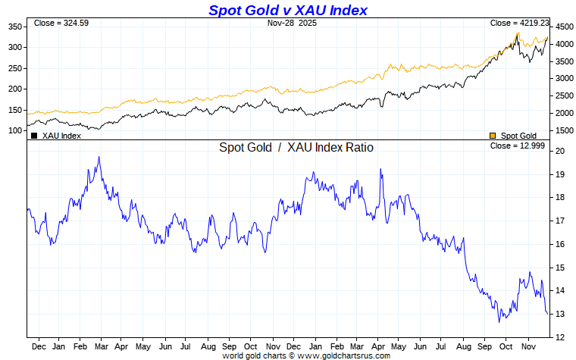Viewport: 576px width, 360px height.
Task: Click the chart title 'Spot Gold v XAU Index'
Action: [287, 10]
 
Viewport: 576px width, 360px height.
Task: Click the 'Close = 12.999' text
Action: [517, 146]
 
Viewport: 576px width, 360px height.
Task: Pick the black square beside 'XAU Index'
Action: [34, 136]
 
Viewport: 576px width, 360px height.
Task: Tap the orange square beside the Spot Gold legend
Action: [493, 136]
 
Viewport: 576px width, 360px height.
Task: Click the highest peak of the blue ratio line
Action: [99, 157]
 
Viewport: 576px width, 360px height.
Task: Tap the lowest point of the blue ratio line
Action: [499, 322]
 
